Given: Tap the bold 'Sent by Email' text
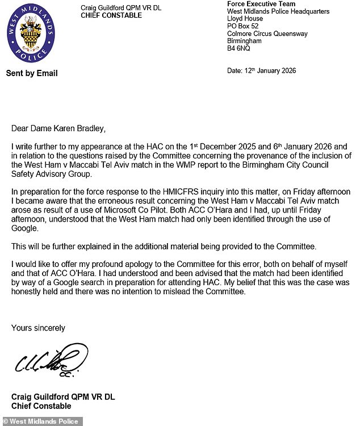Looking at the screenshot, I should click(x=32, y=73).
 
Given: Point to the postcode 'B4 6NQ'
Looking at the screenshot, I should click(x=238, y=49).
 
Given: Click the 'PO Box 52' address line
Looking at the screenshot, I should click(x=243, y=26).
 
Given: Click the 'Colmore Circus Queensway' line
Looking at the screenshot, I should click(x=267, y=34).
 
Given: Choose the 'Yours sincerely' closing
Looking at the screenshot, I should click(x=39, y=328).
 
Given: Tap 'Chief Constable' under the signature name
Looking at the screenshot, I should click(x=41, y=406).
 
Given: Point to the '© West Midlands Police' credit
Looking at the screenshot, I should click(x=41, y=421).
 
